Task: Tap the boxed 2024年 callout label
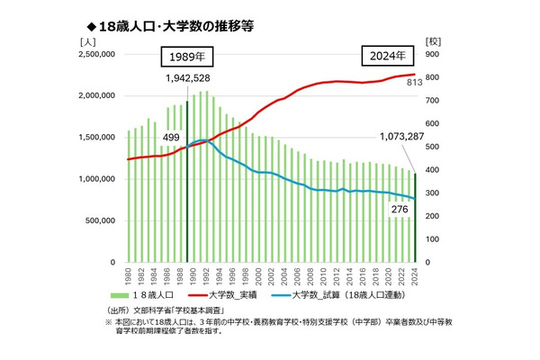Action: coord(388,56)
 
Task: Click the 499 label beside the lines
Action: coord(170,136)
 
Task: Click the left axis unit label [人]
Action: coord(86,40)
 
